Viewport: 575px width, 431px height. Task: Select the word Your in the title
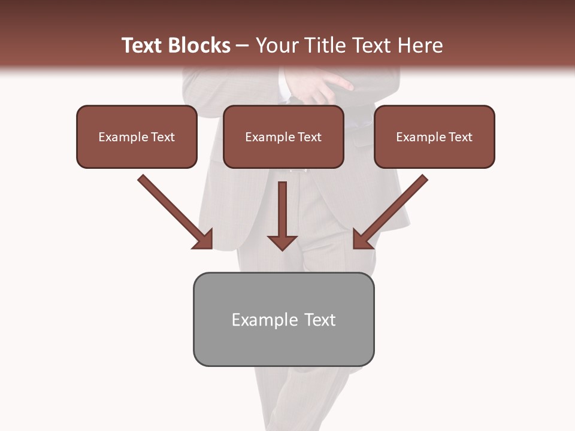pyautogui.click(x=275, y=45)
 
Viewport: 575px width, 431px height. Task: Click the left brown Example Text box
pyautogui.click(x=137, y=136)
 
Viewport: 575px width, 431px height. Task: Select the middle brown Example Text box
pyautogui.click(x=283, y=136)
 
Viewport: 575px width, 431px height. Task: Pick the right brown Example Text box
pyautogui.click(x=434, y=136)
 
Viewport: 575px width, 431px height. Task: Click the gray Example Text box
pyautogui.click(x=283, y=319)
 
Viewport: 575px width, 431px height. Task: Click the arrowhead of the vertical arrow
pyautogui.click(x=282, y=242)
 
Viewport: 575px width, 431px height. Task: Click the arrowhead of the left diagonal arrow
pyautogui.click(x=204, y=239)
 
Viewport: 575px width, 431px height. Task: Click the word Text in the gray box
pyautogui.click(x=319, y=320)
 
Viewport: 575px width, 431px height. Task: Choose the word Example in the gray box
pyautogui.click(x=265, y=320)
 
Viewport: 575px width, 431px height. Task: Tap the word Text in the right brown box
pyautogui.click(x=460, y=137)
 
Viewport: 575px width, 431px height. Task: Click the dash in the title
pyautogui.click(x=243, y=46)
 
